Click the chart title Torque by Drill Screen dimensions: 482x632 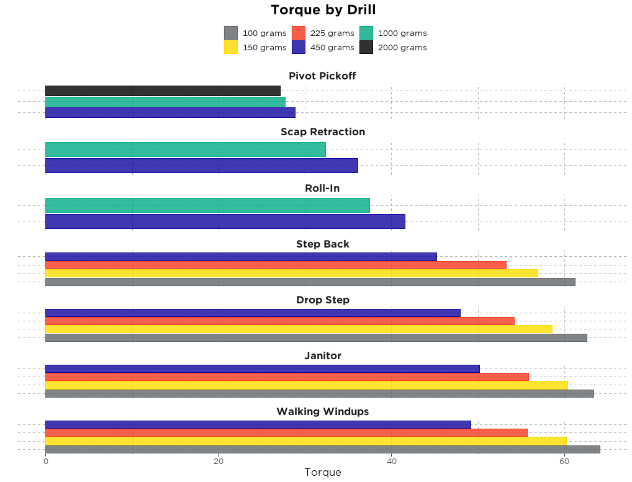[x=323, y=10]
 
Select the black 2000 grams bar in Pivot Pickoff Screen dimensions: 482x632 [x=163, y=91]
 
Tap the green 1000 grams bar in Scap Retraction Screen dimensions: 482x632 [x=185, y=150]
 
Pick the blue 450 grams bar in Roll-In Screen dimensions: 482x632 [x=225, y=221]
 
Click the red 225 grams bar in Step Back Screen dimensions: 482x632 [x=276, y=265]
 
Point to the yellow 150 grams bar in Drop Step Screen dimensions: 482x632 [x=299, y=329]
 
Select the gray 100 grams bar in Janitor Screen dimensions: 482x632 [x=319, y=393]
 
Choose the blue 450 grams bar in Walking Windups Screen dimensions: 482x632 [x=258, y=424]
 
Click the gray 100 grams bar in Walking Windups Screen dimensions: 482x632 [x=322, y=449]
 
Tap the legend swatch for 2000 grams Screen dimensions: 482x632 [x=366, y=47]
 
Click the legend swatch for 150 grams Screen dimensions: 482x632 [x=231, y=47]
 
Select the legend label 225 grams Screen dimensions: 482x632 [x=332, y=33]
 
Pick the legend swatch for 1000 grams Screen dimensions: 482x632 [x=366, y=33]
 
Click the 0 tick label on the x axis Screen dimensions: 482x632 [x=45, y=461]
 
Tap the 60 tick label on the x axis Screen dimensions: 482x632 [x=564, y=461]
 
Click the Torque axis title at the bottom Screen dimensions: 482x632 [x=323, y=473]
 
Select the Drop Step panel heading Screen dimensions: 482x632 [x=323, y=300]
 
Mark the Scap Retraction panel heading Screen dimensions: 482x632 [x=323, y=132]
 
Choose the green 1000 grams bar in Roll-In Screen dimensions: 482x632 [x=207, y=205]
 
